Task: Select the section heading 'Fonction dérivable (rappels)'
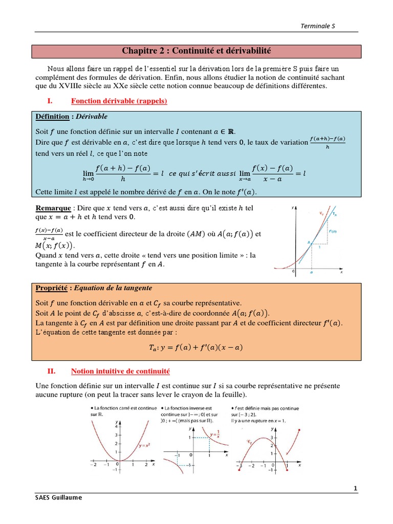[x=119, y=101]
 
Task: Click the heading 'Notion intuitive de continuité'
[x=120, y=371]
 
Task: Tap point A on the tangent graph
[x=309, y=244]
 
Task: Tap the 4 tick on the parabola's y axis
[x=116, y=426]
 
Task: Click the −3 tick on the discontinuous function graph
[x=239, y=467]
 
